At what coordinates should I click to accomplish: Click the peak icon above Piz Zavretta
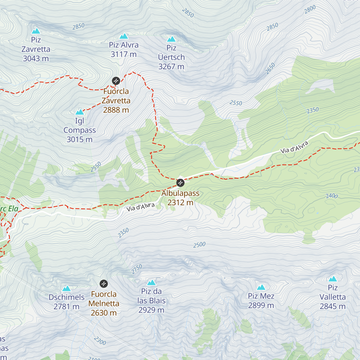click(x=36, y=31)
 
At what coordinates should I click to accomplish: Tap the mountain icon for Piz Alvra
click(x=124, y=36)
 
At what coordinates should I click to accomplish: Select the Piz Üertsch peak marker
click(x=171, y=39)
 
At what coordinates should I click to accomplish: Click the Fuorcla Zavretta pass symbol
click(x=116, y=81)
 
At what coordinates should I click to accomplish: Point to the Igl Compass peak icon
click(x=79, y=112)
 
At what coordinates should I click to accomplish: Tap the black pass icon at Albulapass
click(x=180, y=182)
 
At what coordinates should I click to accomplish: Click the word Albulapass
click(x=180, y=193)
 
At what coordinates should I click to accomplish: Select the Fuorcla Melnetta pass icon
click(x=103, y=283)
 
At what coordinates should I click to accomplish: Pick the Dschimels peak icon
click(x=66, y=289)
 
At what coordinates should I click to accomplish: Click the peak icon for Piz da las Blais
click(x=151, y=283)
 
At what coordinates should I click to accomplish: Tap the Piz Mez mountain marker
click(x=261, y=287)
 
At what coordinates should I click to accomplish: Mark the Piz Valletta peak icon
click(x=333, y=279)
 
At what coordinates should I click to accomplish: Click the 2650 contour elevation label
click(x=270, y=68)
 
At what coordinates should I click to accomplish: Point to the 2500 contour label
click(x=199, y=245)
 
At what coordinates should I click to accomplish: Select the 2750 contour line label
click(x=137, y=269)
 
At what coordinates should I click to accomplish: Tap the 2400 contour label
click(x=332, y=196)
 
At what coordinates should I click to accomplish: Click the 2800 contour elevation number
click(x=310, y=9)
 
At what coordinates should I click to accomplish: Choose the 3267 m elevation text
click(x=171, y=67)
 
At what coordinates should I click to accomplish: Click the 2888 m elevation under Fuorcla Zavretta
click(x=116, y=110)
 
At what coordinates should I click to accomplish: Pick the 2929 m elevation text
click(x=151, y=310)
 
